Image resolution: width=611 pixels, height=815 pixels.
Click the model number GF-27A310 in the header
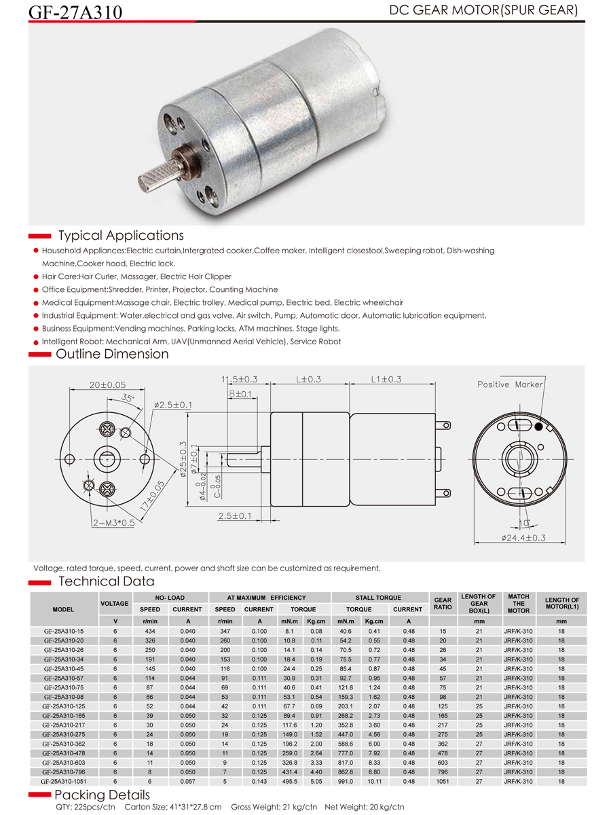pos(75,12)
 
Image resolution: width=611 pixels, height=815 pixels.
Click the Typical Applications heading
pos(121,236)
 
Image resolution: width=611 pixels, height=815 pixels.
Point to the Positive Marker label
pos(510,384)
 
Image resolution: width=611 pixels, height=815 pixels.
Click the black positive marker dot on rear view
pos(538,427)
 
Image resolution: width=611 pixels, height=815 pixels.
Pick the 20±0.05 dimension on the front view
pos(108,385)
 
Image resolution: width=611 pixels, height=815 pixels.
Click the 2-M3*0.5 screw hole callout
pos(115,523)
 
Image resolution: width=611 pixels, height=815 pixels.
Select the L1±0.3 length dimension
pos(386,379)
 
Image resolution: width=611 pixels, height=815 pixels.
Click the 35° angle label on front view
pos(128,398)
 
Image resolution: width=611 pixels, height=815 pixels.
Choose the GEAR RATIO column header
pos(443,604)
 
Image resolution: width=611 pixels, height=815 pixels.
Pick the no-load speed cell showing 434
pos(150,631)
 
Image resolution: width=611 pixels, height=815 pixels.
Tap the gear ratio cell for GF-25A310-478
pos(443,753)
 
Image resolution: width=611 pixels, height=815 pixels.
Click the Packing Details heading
pos(102,795)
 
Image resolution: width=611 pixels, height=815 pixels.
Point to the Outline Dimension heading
pos(112,354)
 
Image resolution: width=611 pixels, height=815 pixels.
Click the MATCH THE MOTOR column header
pos(518,604)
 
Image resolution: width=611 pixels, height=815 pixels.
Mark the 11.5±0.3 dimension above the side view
pos(239,379)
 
